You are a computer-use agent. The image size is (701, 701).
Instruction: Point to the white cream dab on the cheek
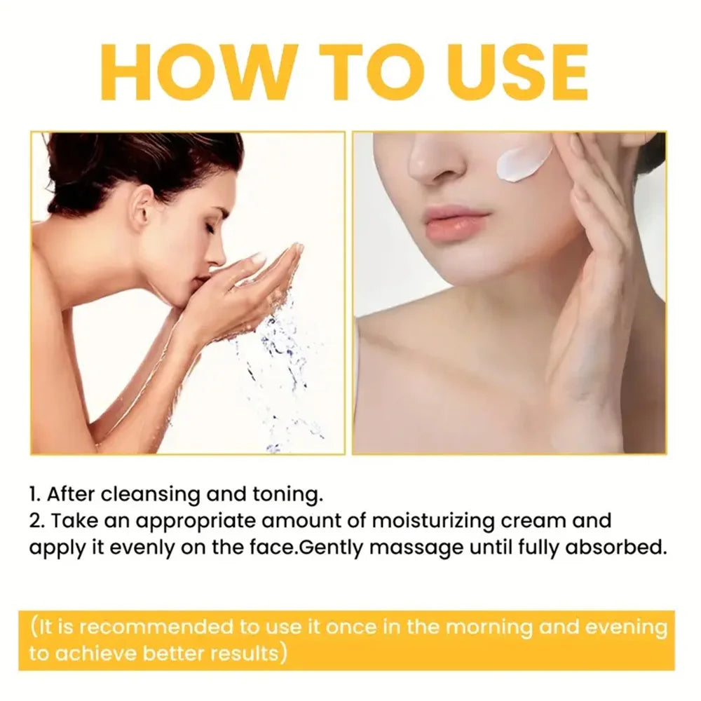(524, 163)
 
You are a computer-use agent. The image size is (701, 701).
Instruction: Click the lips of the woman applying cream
(456, 223)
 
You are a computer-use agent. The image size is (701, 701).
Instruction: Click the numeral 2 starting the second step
(34, 522)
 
